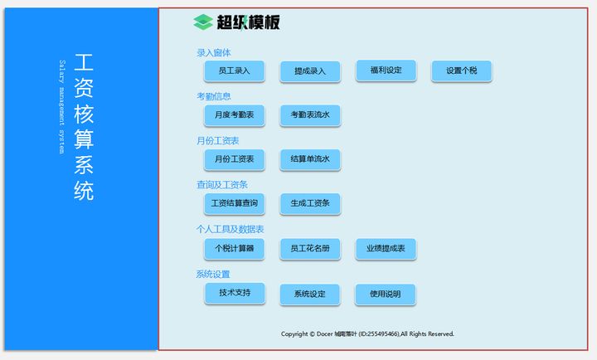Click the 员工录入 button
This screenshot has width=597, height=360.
click(x=234, y=71)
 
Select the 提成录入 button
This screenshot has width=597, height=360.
click(x=310, y=72)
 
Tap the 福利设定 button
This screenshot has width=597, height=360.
click(x=386, y=71)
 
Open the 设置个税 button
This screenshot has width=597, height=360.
click(x=461, y=71)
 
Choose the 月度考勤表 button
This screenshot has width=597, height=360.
click(x=234, y=115)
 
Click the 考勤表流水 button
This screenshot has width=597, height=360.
click(x=310, y=115)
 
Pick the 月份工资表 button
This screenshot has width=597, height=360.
click(x=234, y=159)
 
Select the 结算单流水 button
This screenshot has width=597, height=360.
click(x=310, y=159)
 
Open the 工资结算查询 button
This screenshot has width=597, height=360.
click(x=234, y=203)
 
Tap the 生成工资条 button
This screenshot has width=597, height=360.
click(x=310, y=203)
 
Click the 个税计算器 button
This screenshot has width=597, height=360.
click(x=234, y=248)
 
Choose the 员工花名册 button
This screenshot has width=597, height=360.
click(x=310, y=248)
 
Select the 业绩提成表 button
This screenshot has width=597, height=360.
click(x=386, y=248)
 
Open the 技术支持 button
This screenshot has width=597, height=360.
click(x=234, y=293)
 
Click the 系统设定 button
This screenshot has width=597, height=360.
click(x=310, y=294)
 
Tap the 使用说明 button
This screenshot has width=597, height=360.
click(x=386, y=294)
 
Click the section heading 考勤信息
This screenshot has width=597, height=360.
click(x=214, y=96)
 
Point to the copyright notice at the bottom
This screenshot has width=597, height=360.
click(x=367, y=334)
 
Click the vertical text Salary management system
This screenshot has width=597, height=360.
click(x=61, y=107)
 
